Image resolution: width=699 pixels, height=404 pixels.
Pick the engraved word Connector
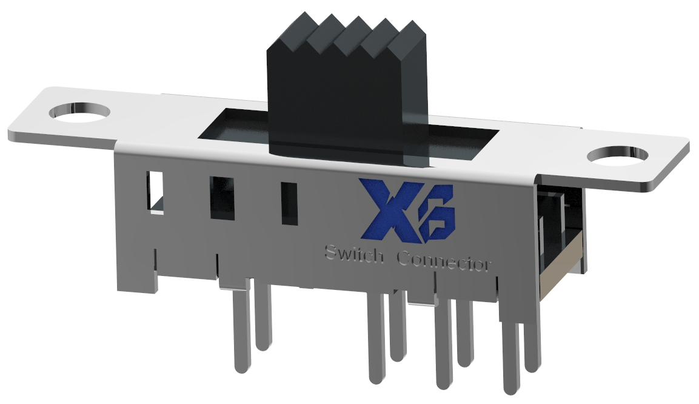click(444, 262)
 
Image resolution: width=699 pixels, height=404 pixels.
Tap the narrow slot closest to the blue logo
click(289, 204)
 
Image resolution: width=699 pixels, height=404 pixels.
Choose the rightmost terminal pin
click(532, 346)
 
